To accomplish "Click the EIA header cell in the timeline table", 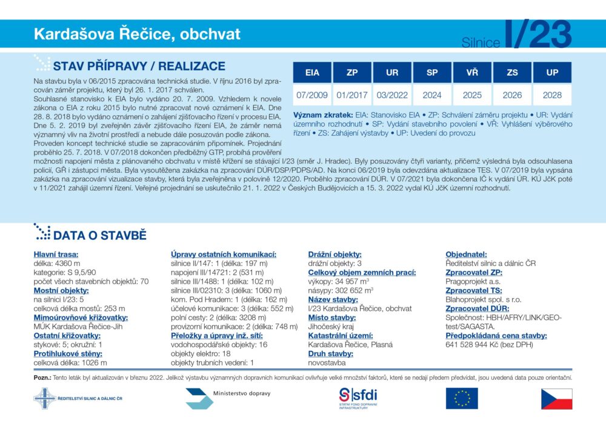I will [x=312, y=73].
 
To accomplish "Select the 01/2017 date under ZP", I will [x=352, y=95].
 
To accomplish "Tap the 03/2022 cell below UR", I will [x=392, y=95].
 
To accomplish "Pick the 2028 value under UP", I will [x=552, y=95].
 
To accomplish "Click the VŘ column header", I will [x=472, y=73].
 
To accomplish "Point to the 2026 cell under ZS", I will [x=512, y=95].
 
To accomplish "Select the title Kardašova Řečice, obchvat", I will [x=137, y=34].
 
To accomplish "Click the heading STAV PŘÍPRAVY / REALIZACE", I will [x=139, y=66].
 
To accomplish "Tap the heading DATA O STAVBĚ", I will [x=99, y=236].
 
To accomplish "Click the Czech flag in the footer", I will [x=556, y=399].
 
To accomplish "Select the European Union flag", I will [x=462, y=398].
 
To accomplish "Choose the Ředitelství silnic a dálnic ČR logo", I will [x=78, y=399].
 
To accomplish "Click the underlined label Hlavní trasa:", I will [x=56, y=254].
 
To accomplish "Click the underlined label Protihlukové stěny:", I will [x=68, y=354].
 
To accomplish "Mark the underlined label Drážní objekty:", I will [x=335, y=254].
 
